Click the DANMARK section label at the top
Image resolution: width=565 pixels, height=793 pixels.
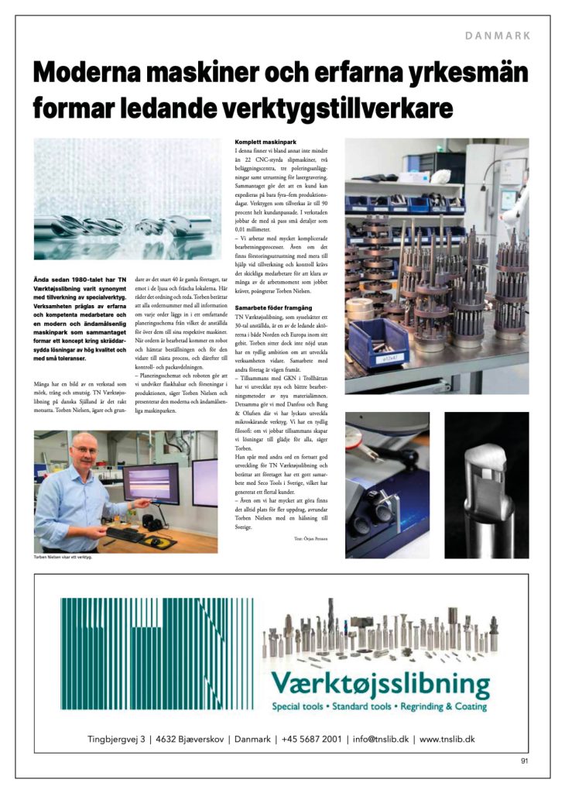point(498,36)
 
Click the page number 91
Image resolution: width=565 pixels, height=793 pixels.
point(524,761)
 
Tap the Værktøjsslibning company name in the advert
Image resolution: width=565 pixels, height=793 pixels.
point(380,685)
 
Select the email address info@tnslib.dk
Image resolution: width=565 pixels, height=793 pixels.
point(380,739)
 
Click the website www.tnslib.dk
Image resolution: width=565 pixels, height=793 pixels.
point(447,739)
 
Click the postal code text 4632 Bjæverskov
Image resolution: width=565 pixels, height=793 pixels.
point(190,739)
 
